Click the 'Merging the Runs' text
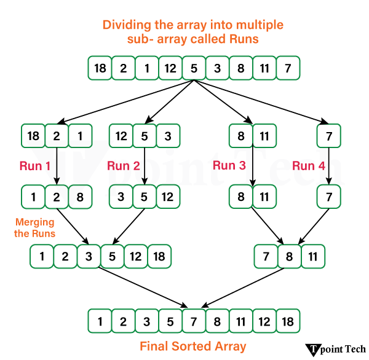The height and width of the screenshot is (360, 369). click(x=34, y=228)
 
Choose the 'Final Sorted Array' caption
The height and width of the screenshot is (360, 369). click(x=193, y=346)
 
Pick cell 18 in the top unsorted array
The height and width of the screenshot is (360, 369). click(x=100, y=68)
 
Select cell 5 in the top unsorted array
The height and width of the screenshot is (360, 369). click(x=194, y=68)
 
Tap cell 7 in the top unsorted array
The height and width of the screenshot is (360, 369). click(x=288, y=68)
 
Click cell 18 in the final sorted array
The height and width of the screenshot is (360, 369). click(x=288, y=321)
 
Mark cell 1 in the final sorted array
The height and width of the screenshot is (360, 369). click(x=100, y=321)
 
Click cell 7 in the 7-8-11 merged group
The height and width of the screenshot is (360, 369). click(x=266, y=256)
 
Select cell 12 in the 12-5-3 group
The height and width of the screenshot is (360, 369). click(x=121, y=135)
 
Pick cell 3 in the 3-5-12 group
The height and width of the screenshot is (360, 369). click(x=121, y=197)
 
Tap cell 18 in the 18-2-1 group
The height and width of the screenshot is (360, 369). click(x=33, y=135)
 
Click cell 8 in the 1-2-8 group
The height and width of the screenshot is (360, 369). click(x=80, y=197)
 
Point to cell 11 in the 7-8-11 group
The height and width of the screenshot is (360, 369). click(x=313, y=256)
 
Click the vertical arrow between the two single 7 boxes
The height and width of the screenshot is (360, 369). click(x=329, y=166)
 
